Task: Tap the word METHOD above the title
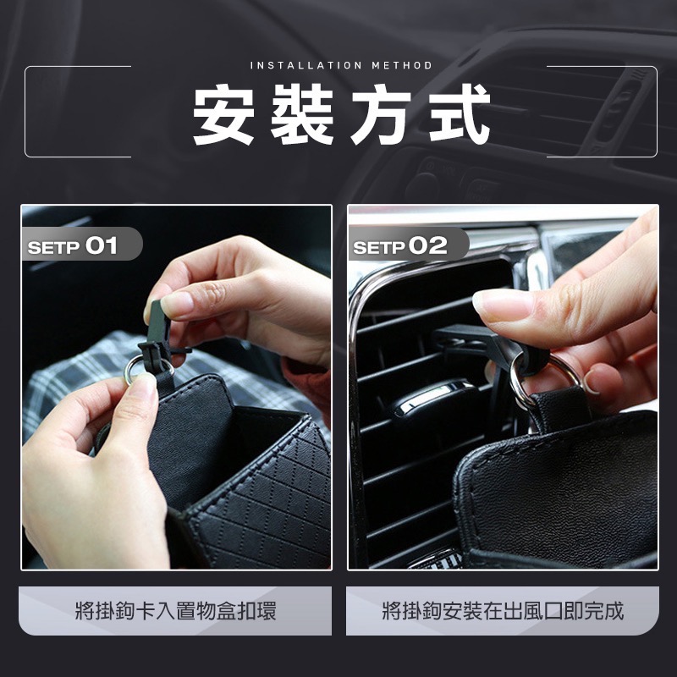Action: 401,65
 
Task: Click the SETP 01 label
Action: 74,246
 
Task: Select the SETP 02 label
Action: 399,246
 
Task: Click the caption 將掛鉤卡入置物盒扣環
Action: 176,611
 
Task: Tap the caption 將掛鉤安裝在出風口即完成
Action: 503,611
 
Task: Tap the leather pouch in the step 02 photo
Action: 559,482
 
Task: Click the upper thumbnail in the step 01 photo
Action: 179,302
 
